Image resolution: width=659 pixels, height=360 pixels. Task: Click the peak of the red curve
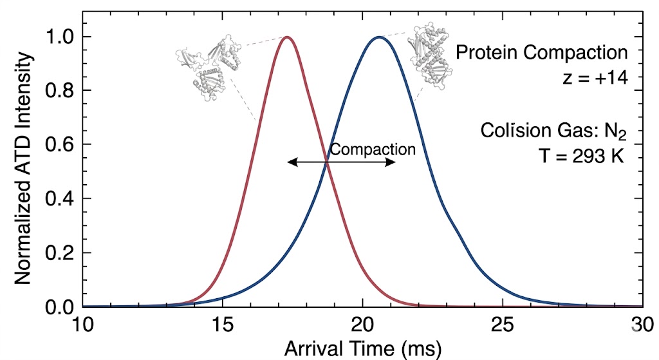(287, 37)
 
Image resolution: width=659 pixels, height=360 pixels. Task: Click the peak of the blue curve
(378, 37)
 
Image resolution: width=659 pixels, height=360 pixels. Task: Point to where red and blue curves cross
(327, 162)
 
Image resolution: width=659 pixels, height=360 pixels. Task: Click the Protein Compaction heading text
(541, 52)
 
